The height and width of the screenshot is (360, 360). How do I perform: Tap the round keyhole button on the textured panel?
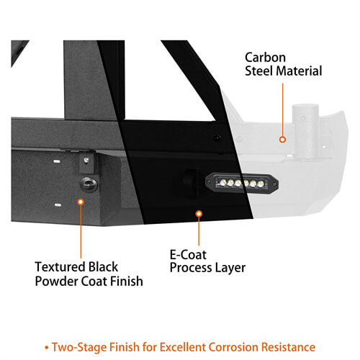[88, 184]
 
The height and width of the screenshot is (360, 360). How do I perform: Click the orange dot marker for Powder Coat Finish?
[80, 202]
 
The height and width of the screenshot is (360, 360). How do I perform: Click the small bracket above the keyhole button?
[86, 158]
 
